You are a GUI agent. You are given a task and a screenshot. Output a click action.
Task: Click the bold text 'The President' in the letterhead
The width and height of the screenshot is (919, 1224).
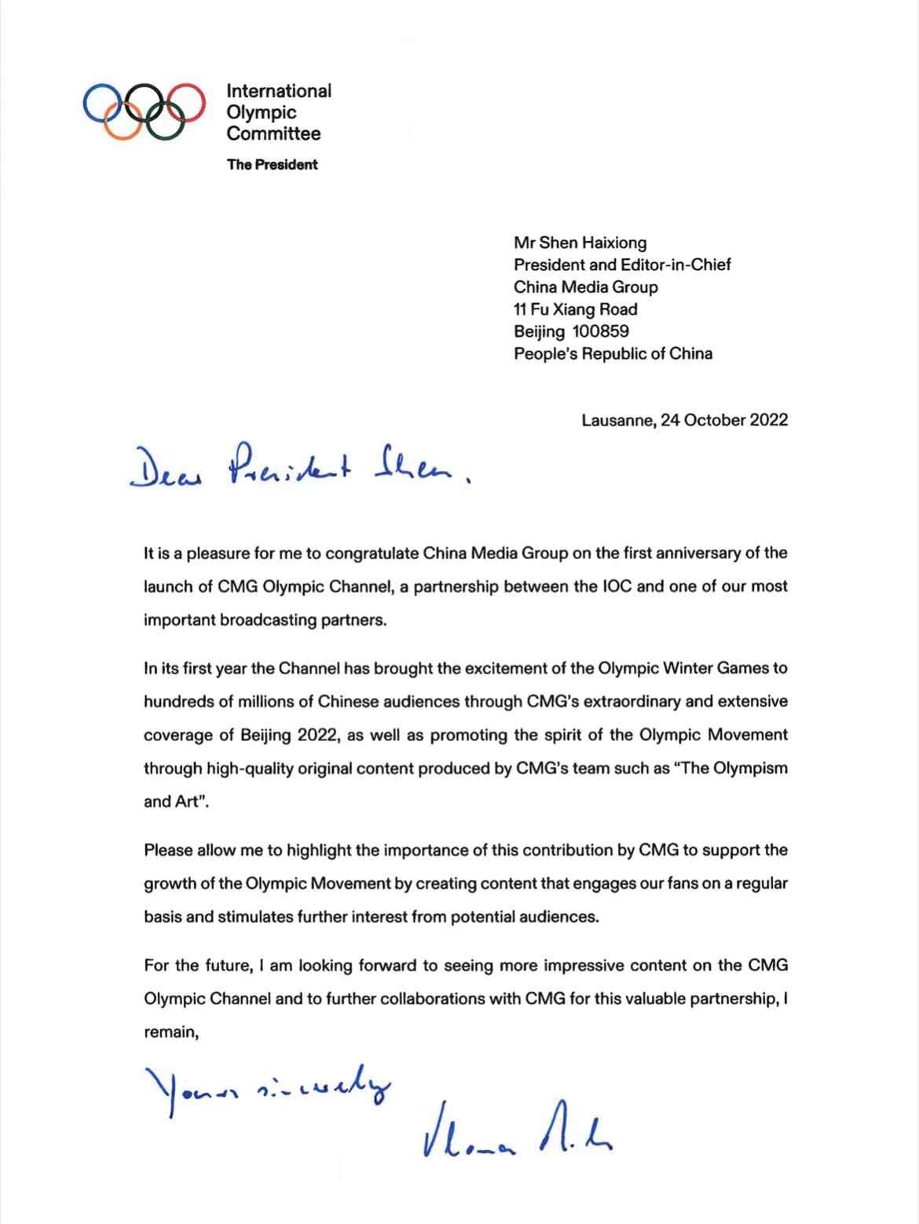pyautogui.click(x=272, y=165)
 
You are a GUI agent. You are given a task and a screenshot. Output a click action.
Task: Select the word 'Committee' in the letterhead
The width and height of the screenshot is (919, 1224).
pyautogui.click(x=273, y=133)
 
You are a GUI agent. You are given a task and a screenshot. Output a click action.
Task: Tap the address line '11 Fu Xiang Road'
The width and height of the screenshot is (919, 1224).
pyautogui.click(x=575, y=309)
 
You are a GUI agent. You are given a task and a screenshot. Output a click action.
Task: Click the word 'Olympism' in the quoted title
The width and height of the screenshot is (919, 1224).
pyautogui.click(x=752, y=769)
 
